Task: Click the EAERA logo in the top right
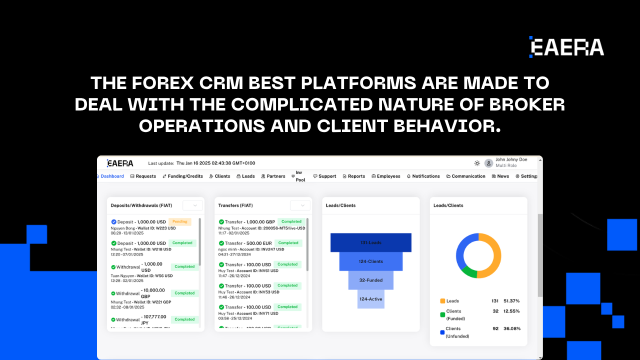(566, 47)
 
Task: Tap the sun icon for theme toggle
(477, 163)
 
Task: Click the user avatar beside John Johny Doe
(488, 163)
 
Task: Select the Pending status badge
(180, 221)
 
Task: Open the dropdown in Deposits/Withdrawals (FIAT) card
(193, 205)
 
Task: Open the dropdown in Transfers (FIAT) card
(300, 205)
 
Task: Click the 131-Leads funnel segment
(371, 242)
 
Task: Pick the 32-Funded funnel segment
(371, 280)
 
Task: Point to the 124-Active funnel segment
(371, 299)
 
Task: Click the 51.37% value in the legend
(511, 301)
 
